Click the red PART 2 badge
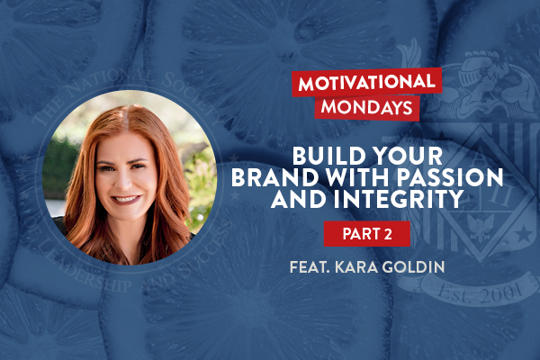tap(366, 234)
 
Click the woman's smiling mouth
tap(129, 199)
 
